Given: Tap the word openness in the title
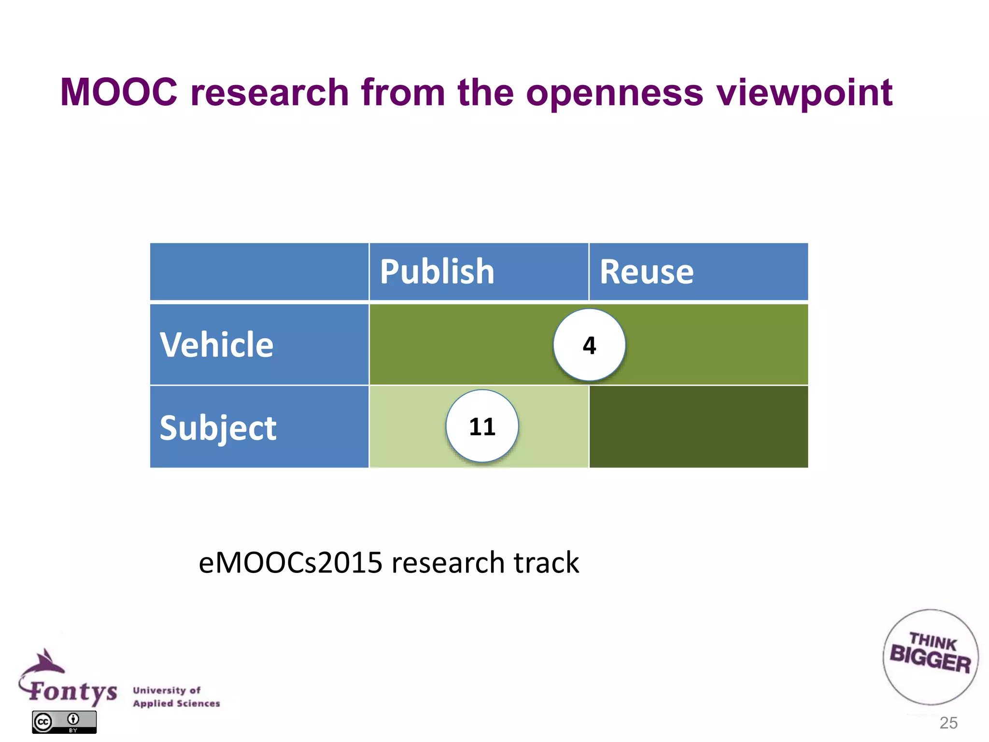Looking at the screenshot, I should point(614,93).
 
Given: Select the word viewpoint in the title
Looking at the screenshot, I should point(805,93).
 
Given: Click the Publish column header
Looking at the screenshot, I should point(437,271).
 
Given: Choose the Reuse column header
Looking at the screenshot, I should point(647,271).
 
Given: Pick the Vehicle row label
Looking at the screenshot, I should point(217,345).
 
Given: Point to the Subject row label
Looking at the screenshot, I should point(218,428).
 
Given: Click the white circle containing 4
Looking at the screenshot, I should point(589,345).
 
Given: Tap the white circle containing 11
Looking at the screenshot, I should point(482,427).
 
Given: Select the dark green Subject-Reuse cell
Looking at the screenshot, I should point(698,427).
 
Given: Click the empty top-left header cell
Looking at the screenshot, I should point(259,271).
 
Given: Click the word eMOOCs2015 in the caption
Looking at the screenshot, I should point(290,563).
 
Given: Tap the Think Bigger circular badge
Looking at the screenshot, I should point(931,656).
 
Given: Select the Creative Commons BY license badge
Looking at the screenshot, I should point(64,722).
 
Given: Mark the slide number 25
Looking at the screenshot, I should point(948,723).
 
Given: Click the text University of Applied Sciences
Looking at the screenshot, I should point(176,697).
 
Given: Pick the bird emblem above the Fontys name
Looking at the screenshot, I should point(44,662).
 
